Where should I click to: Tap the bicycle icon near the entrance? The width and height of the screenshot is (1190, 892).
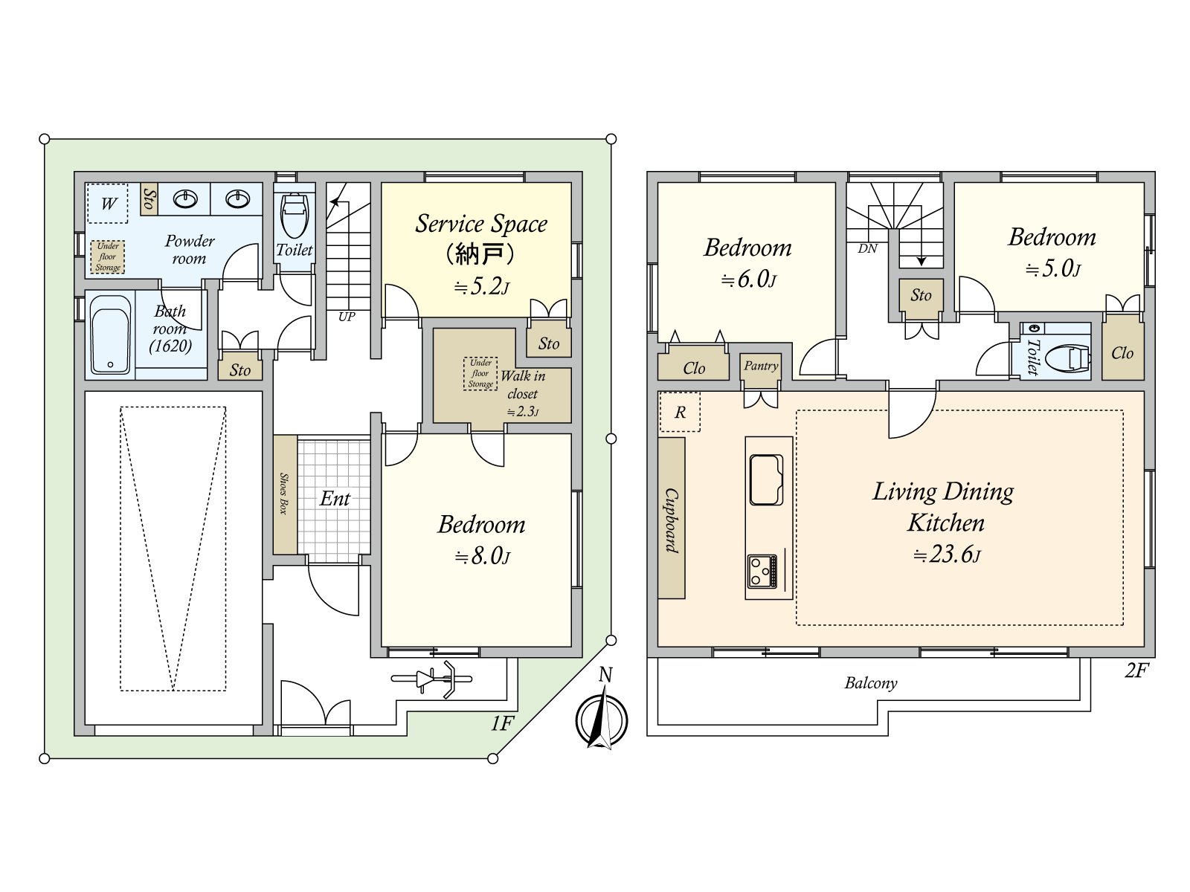432,679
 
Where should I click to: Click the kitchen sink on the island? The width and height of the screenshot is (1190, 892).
766,480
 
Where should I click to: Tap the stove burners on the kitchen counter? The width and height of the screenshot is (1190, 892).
762,572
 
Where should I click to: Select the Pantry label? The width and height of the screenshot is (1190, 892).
761,366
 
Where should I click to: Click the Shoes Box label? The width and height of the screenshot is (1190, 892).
283,494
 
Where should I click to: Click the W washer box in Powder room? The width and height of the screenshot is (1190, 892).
108,203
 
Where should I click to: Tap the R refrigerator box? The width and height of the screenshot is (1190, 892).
680,412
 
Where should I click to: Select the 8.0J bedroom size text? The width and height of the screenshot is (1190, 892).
483,556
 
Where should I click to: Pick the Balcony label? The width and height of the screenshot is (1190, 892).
871,683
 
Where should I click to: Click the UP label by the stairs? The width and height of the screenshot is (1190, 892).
347,317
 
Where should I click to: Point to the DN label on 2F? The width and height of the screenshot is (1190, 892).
867,248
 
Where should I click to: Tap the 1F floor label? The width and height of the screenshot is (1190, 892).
502,723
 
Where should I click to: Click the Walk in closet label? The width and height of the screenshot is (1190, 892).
523,384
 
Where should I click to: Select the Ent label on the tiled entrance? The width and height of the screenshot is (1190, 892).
335,498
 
